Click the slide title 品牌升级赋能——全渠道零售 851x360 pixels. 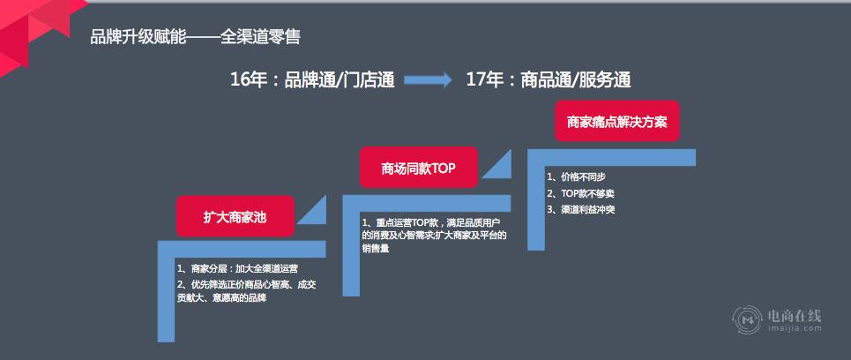(196, 37)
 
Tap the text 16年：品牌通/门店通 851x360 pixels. (312, 79)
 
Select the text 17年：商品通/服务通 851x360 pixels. (549, 79)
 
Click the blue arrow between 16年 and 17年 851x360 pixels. (429, 80)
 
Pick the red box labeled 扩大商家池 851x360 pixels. (235, 216)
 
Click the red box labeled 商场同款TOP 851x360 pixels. (418, 168)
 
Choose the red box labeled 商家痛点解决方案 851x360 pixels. (616, 121)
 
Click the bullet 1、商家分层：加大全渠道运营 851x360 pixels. (237, 268)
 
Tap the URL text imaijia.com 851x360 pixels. (795, 328)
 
